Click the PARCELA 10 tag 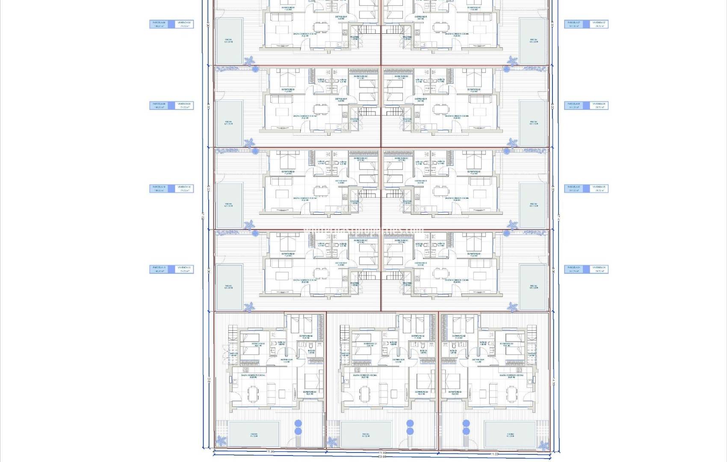click(x=159, y=188)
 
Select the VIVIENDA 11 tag click(x=184, y=269)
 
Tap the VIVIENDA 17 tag click(x=599, y=24)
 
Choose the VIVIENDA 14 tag click(x=599, y=269)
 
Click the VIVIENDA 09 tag click(x=184, y=105)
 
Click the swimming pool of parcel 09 click(x=229, y=123)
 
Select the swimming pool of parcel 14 click(x=533, y=287)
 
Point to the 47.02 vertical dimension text click(x=203, y=216)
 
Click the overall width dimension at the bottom click(x=382, y=457)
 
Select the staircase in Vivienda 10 click(x=366, y=195)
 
